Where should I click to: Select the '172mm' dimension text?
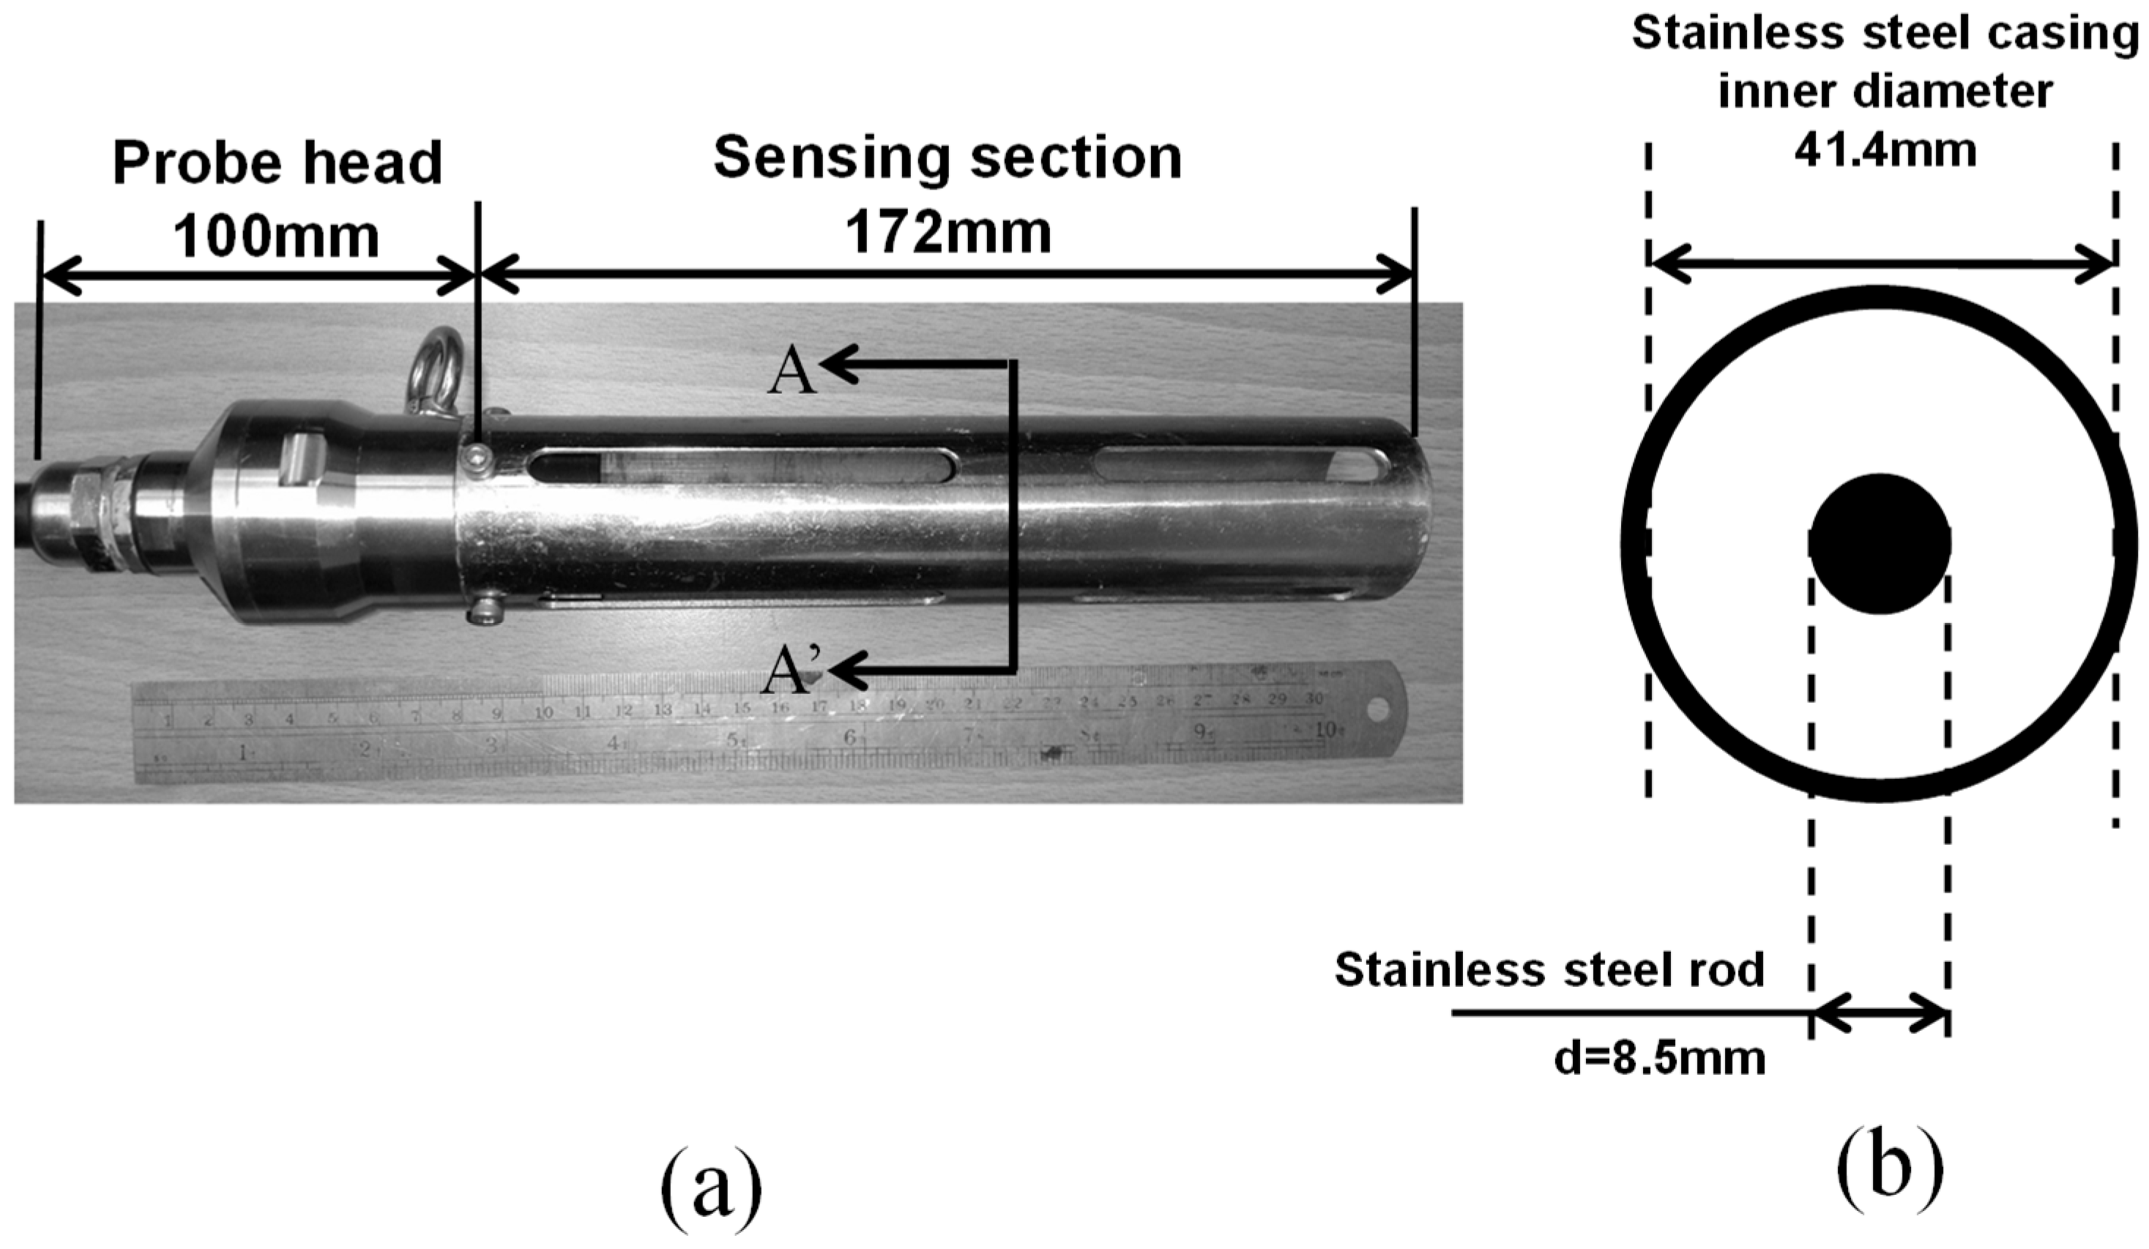pos(947,233)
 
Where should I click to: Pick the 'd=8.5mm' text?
pos(1659,1059)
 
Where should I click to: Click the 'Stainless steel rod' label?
pos(1549,970)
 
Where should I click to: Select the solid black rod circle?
pos(1880,543)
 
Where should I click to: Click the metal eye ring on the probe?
pos(436,373)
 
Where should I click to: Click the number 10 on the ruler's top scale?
pos(543,712)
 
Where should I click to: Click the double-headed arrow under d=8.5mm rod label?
pos(1879,1013)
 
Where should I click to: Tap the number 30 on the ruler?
pos(1314,699)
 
